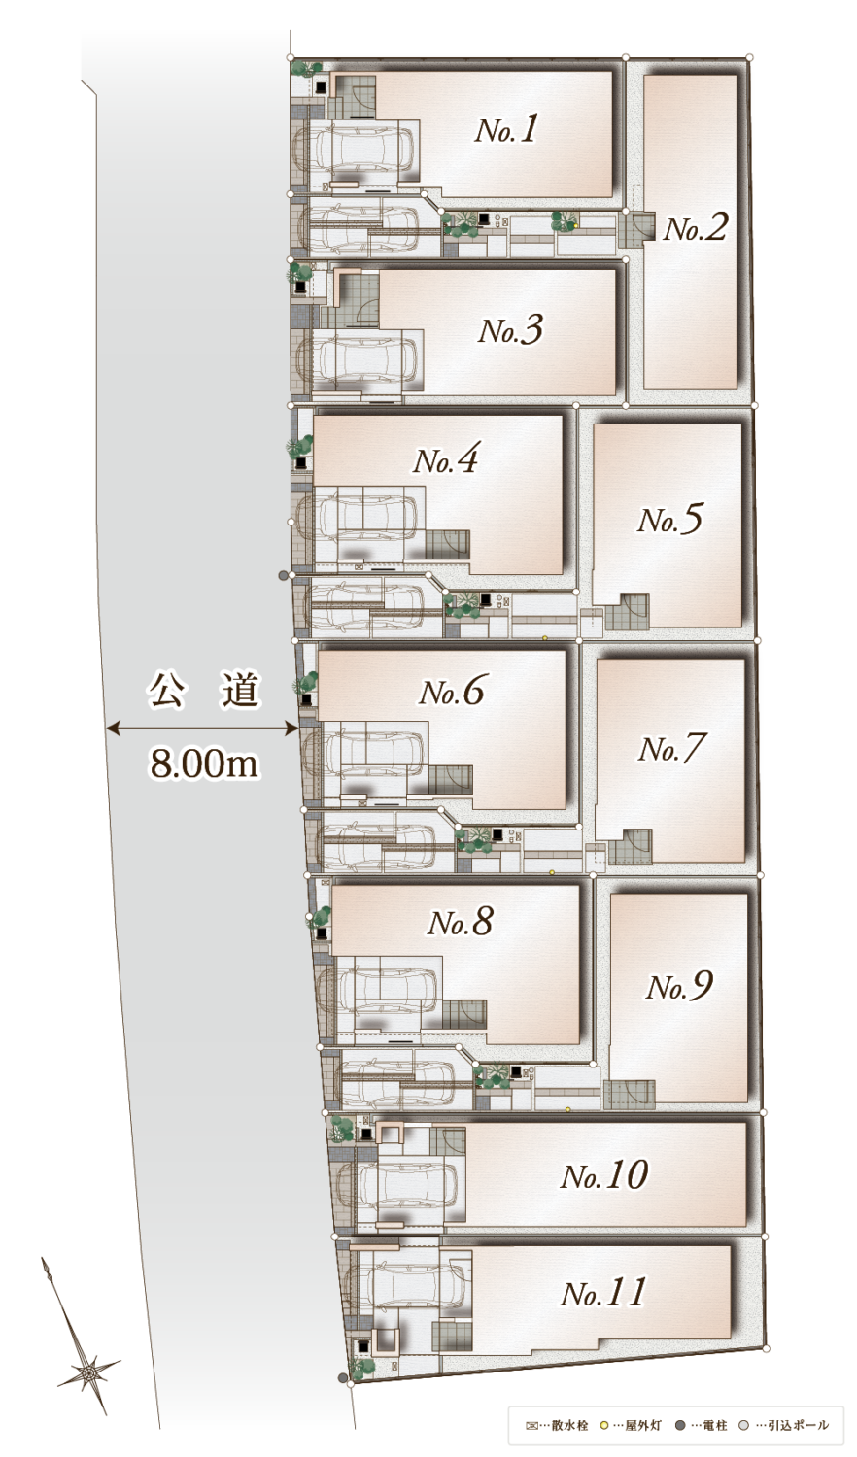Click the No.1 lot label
(506, 129)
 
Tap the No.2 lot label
(695, 227)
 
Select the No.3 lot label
(510, 330)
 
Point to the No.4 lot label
(446, 459)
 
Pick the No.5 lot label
(670, 520)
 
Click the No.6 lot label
(452, 691)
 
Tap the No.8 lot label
(461, 921)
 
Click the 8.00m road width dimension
(204, 762)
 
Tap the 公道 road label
(203, 691)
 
